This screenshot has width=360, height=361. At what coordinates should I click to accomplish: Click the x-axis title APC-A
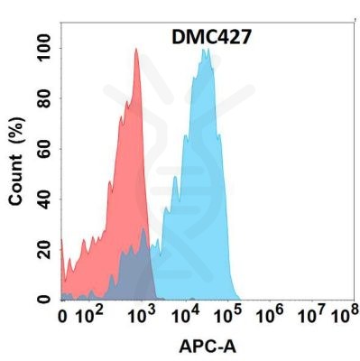(206, 347)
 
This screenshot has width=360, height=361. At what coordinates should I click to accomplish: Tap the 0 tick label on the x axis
(62, 318)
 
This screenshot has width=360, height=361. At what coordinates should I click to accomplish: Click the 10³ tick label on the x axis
(141, 316)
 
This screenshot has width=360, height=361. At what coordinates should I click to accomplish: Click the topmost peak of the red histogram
(135, 50)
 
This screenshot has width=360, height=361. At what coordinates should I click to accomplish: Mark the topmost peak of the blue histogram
(207, 50)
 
